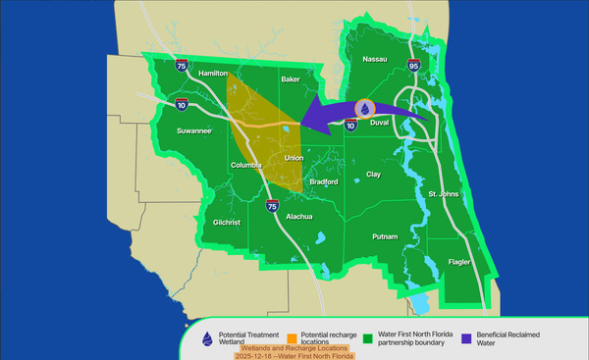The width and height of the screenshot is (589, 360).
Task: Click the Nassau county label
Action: click(x=376, y=60)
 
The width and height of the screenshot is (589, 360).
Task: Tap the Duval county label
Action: click(x=380, y=123)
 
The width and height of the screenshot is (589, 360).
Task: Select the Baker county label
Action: click(x=291, y=78)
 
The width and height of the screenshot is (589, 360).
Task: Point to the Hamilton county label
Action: click(x=213, y=74)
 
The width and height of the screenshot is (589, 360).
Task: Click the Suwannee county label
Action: click(x=193, y=129)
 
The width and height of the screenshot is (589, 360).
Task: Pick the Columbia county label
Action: click(x=249, y=166)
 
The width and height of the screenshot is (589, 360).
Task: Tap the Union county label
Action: click(x=294, y=157)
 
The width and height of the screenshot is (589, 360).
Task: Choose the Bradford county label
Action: click(x=323, y=181)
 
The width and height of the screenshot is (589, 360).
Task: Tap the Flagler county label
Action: click(x=459, y=263)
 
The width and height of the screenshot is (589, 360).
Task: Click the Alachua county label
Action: click(x=299, y=216)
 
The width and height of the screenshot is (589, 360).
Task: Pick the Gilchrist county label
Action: click(x=227, y=223)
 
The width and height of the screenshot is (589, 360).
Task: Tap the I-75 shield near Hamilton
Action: click(x=182, y=66)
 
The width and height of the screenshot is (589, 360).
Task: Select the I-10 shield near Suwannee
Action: click(x=182, y=102)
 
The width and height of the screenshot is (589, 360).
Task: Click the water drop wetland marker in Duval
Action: click(x=364, y=109)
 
